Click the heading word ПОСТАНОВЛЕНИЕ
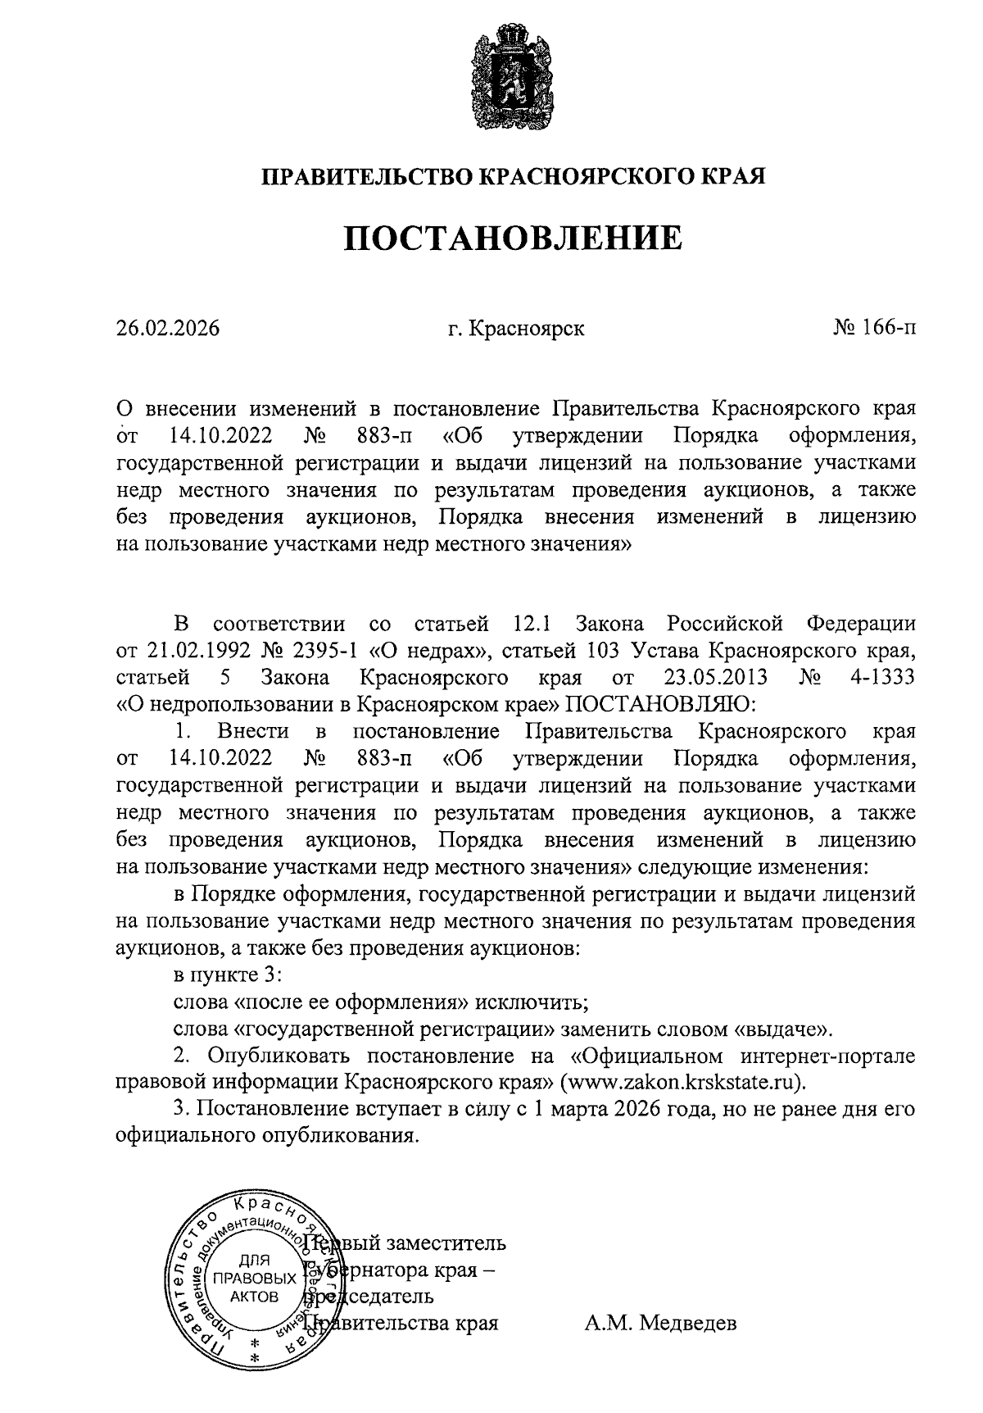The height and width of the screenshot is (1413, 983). pyautogui.click(x=512, y=238)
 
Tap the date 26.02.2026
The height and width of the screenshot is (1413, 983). pyautogui.click(x=168, y=329)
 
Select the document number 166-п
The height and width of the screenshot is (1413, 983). pyautogui.click(x=888, y=329)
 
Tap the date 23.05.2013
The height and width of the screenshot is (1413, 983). pyautogui.click(x=712, y=678)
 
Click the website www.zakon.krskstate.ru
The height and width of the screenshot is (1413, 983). pyautogui.click(x=682, y=1081)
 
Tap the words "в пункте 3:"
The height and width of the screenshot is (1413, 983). pyautogui.click(x=228, y=975)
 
